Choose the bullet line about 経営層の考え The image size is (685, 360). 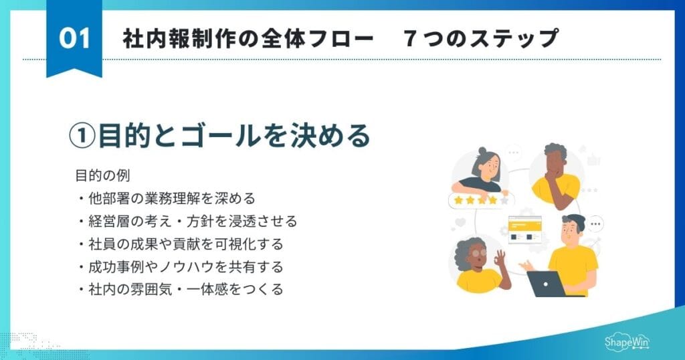pos(187,221)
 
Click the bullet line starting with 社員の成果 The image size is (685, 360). pos(180,244)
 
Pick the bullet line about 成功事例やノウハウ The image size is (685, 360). pos(180,266)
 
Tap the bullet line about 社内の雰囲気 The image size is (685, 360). pos(180,289)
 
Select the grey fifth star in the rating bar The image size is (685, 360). pos(504,199)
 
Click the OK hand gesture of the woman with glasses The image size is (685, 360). pos(500,257)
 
